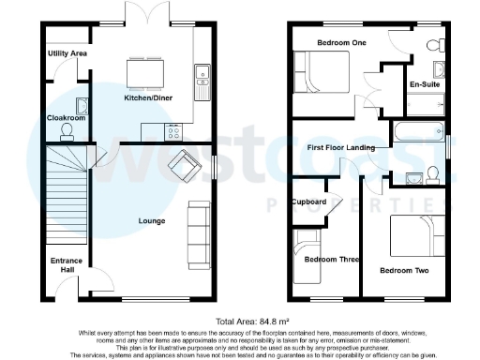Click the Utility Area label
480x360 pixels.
point(67,54)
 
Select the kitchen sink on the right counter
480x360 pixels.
point(201,82)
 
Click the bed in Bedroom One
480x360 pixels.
point(322,72)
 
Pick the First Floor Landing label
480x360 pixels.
point(341,148)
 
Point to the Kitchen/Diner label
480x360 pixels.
point(147,97)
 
